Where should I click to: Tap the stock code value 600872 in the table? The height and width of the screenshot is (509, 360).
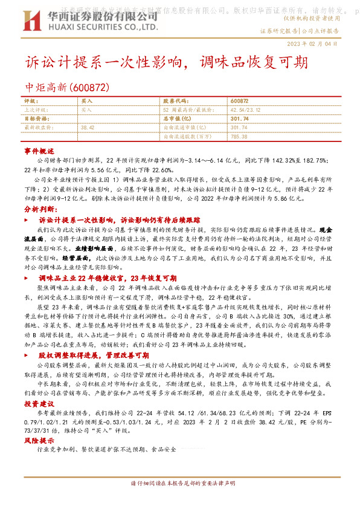click(x=239, y=100)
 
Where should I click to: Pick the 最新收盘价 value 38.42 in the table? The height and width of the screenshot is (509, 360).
click(x=88, y=128)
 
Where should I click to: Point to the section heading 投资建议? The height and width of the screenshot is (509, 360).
click(x=39, y=403)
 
